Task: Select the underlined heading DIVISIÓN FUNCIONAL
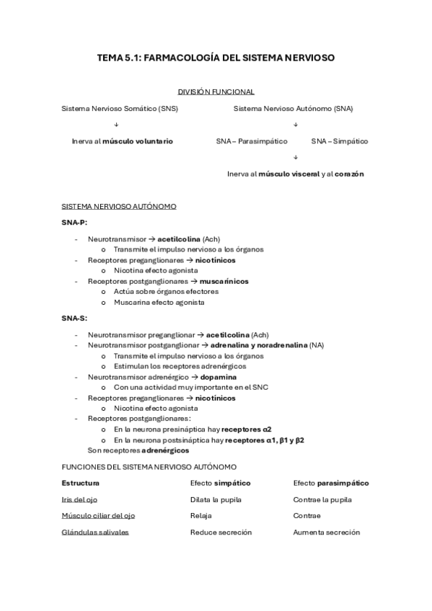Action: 216,92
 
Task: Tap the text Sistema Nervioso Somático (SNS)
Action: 120,109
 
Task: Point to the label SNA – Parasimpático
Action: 252,141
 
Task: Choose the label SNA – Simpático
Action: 339,141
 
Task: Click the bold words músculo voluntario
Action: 138,141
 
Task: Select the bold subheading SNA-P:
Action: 74,223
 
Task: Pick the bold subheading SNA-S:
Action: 74,318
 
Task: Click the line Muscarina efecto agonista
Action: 159,303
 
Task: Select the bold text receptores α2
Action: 247,429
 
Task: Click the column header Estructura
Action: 80,483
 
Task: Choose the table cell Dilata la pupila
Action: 216,499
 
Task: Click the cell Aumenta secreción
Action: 326,532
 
